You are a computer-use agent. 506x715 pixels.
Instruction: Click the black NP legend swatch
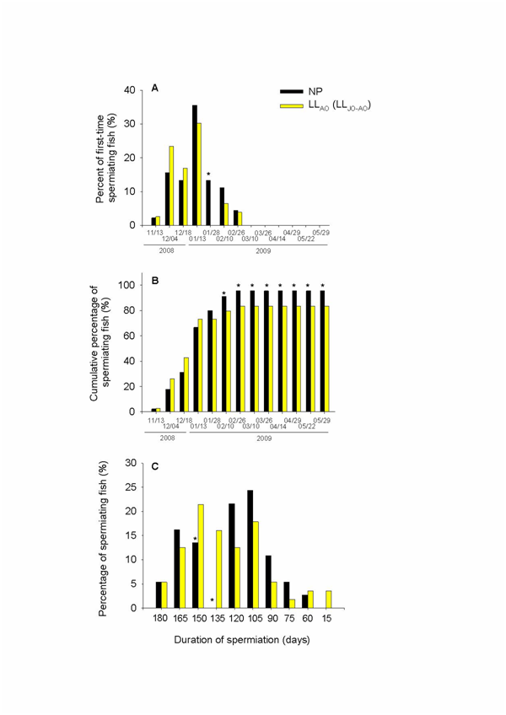293,90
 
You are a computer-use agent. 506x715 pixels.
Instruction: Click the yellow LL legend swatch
293,105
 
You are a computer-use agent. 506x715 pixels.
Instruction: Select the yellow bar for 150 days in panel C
200,556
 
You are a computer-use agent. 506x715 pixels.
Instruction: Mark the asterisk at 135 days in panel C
213,600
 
